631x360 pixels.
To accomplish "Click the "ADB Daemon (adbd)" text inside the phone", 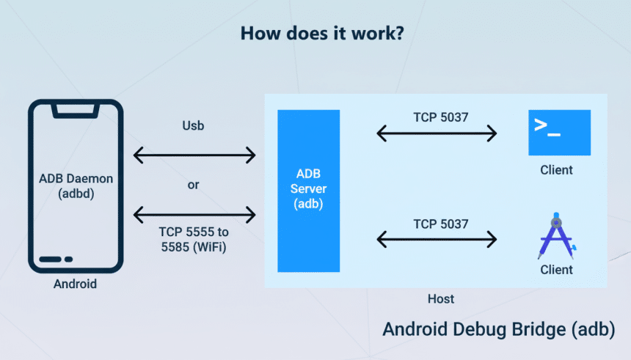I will (75, 186).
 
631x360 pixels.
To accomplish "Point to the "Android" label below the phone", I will (75, 284).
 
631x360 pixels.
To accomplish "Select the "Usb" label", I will (193, 125).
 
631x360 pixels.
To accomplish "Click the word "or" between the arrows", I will (193, 185).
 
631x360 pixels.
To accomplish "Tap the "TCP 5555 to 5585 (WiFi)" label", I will (193, 238).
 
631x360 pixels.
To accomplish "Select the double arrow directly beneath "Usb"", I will (194, 155).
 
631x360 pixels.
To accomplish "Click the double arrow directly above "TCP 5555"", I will (194, 214).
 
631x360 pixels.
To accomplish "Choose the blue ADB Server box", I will (308, 190).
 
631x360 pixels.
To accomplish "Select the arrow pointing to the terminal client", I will (437, 133).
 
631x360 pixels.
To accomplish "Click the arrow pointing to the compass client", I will (437, 238).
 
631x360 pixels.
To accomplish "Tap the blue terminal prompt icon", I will (559, 132).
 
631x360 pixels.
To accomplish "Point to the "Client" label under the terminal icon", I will (556, 170).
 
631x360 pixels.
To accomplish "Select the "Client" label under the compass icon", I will (556, 270).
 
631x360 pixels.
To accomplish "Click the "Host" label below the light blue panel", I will (440, 299).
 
